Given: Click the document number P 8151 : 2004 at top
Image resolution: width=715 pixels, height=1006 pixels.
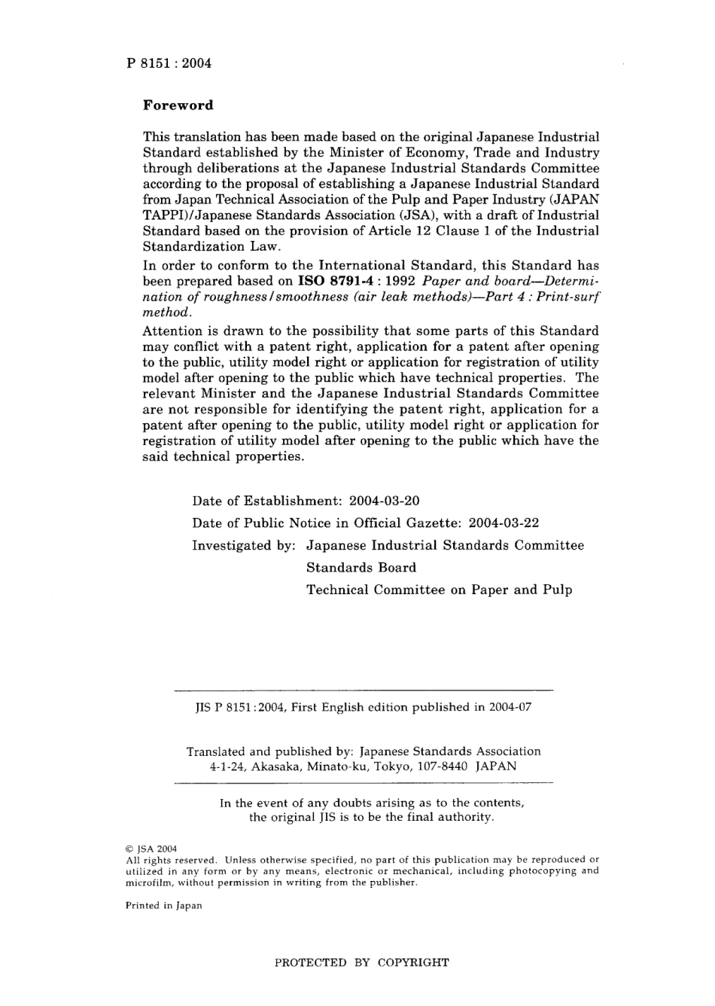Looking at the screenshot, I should (x=169, y=63).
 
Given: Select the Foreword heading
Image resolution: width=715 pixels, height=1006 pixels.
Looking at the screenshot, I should (x=178, y=105).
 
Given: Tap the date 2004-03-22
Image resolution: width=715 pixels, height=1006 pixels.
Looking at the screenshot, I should (x=504, y=523).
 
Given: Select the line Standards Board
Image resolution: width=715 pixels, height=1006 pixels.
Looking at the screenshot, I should (x=361, y=567).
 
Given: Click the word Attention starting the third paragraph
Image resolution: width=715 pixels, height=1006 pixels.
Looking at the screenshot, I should (x=172, y=331).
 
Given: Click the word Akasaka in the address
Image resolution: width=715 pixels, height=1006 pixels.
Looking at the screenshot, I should (x=275, y=767).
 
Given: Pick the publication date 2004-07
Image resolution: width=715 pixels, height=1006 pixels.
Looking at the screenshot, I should (x=511, y=708).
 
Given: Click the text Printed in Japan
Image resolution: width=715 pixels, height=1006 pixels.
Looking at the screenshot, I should (x=163, y=906).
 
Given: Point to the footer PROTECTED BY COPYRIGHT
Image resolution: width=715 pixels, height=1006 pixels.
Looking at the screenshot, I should (x=362, y=962).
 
